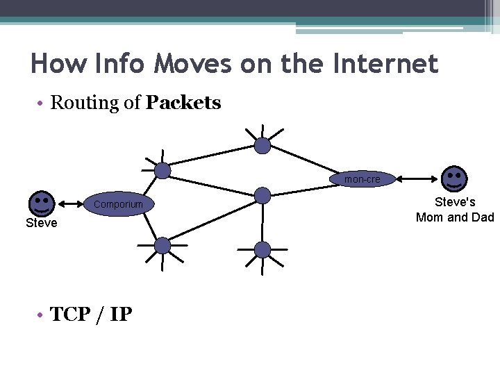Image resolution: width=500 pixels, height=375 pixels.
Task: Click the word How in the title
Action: [54, 64]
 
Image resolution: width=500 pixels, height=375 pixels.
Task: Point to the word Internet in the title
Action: [385, 64]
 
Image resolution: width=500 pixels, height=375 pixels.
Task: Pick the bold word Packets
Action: [183, 103]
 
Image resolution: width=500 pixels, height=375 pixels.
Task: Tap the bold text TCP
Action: [71, 315]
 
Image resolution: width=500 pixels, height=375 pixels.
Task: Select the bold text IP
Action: [121, 315]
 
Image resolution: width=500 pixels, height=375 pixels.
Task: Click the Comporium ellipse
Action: [118, 204]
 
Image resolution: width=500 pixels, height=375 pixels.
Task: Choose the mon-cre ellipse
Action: [362, 179]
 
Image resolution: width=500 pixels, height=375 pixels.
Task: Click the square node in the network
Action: [262, 195]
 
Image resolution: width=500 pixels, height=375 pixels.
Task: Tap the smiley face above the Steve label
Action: [41, 203]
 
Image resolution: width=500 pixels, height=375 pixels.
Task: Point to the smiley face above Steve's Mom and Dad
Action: [454, 178]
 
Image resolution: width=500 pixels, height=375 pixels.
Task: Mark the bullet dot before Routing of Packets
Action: [41, 103]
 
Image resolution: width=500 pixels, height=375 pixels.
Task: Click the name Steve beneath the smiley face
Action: [41, 223]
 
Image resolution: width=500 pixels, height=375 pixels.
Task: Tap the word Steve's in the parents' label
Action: [455, 203]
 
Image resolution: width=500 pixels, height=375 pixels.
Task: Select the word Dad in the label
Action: [482, 217]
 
